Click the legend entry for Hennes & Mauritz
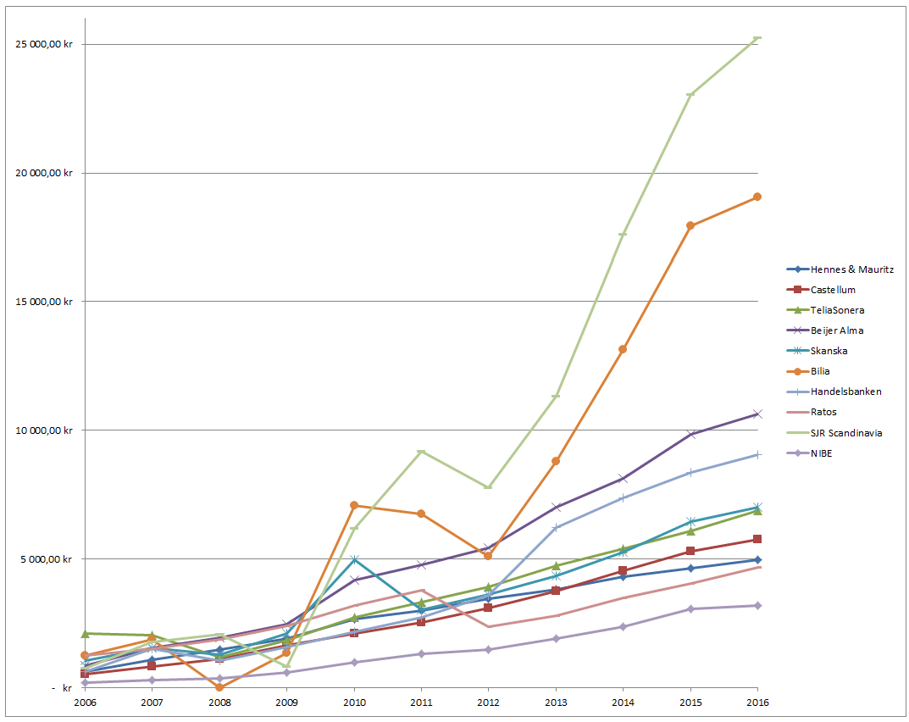[851, 269]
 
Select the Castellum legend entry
[833, 290]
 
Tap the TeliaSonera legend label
[837, 310]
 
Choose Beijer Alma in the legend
[837, 330]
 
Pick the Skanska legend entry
[829, 351]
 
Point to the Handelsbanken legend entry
[845, 392]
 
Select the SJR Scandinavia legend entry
[845, 432]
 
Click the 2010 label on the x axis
[354, 703]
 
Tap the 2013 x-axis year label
[556, 703]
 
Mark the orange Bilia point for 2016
[757, 197]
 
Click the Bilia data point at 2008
[219, 687]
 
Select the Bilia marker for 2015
[690, 225]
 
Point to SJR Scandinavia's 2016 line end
[757, 38]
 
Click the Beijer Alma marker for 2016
[757, 414]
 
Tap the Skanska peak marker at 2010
[354, 559]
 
